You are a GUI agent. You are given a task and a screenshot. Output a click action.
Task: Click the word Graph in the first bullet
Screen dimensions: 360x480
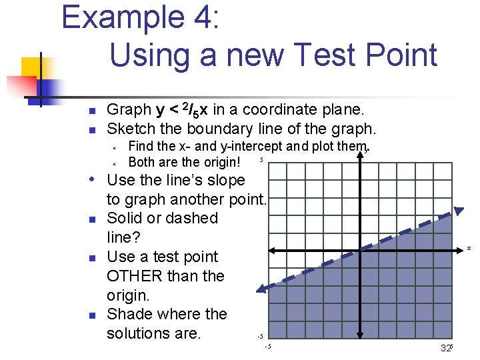coord(129,109)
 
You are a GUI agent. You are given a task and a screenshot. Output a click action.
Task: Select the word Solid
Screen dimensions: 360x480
coord(127,218)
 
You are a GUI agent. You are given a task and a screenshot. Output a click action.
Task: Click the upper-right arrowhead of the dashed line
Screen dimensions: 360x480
coord(458,211)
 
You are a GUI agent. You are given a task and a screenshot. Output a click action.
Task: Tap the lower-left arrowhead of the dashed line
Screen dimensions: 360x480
coord(262,289)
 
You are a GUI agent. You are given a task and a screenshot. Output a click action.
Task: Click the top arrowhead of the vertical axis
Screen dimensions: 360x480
coord(360,150)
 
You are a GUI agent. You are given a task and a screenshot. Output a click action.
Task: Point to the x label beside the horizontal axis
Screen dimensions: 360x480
coord(469,248)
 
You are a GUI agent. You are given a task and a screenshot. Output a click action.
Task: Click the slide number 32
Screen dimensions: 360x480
coord(445,349)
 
